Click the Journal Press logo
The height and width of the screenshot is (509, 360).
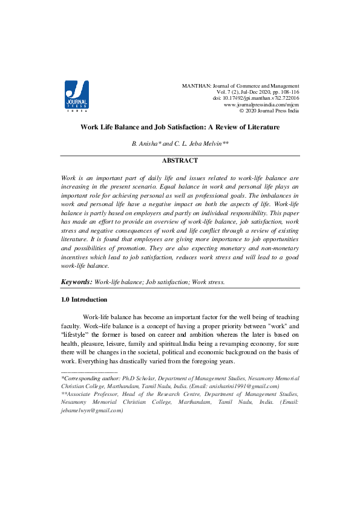pyautogui.click(x=77, y=97)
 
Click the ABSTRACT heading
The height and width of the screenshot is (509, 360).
pyautogui.click(x=180, y=161)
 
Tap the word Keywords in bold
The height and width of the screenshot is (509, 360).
pyautogui.click(x=77, y=282)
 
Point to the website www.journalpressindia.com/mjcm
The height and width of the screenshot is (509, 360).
pyautogui.click(x=261, y=105)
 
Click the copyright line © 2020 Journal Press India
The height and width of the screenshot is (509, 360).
pyautogui.click(x=269, y=111)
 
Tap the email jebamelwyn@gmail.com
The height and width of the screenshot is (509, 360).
pyautogui.click(x=91, y=410)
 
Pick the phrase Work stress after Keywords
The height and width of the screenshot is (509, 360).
pyautogui.click(x=208, y=282)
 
